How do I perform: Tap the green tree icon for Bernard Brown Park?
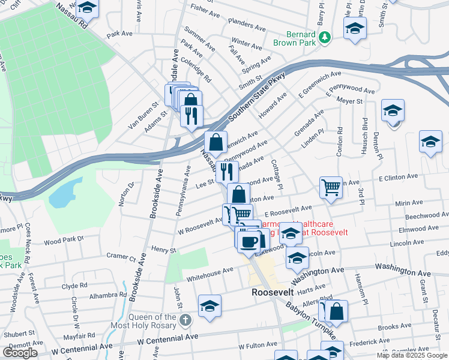click(325, 38)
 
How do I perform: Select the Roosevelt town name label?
click(272, 292)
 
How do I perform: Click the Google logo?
click(20, 353)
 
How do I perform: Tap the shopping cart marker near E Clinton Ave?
click(331, 188)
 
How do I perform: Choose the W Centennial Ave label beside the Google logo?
click(82, 347)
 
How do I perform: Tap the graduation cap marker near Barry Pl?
click(355, 28)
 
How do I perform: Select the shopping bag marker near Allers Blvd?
click(337, 311)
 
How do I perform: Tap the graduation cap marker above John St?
click(209, 306)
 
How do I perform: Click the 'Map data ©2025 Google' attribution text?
click(412, 355)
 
